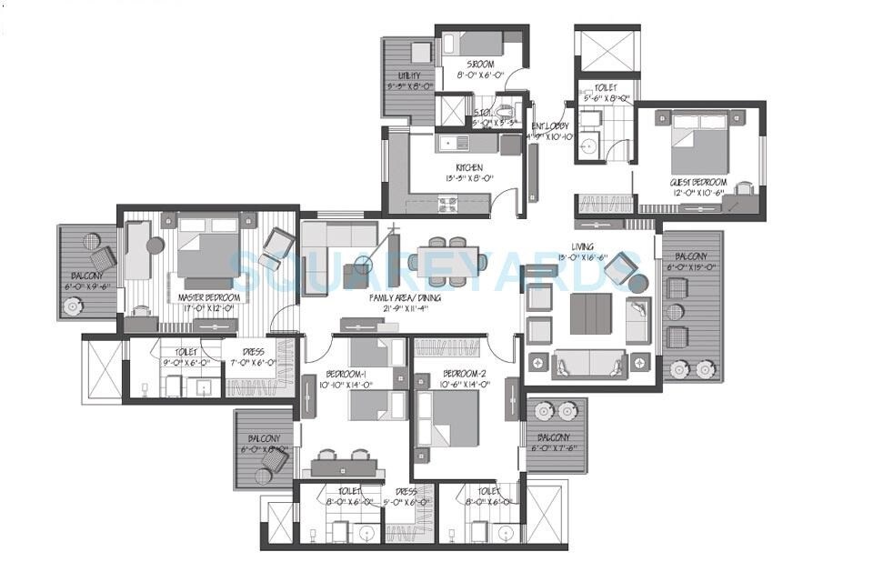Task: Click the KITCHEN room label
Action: (x=469, y=167)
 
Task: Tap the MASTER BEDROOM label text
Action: (x=209, y=297)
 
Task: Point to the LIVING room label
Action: (x=583, y=246)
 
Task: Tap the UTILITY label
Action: (x=408, y=75)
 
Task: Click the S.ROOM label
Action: (x=480, y=65)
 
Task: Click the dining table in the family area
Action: (x=447, y=261)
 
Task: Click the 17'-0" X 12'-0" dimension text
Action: (x=209, y=309)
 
